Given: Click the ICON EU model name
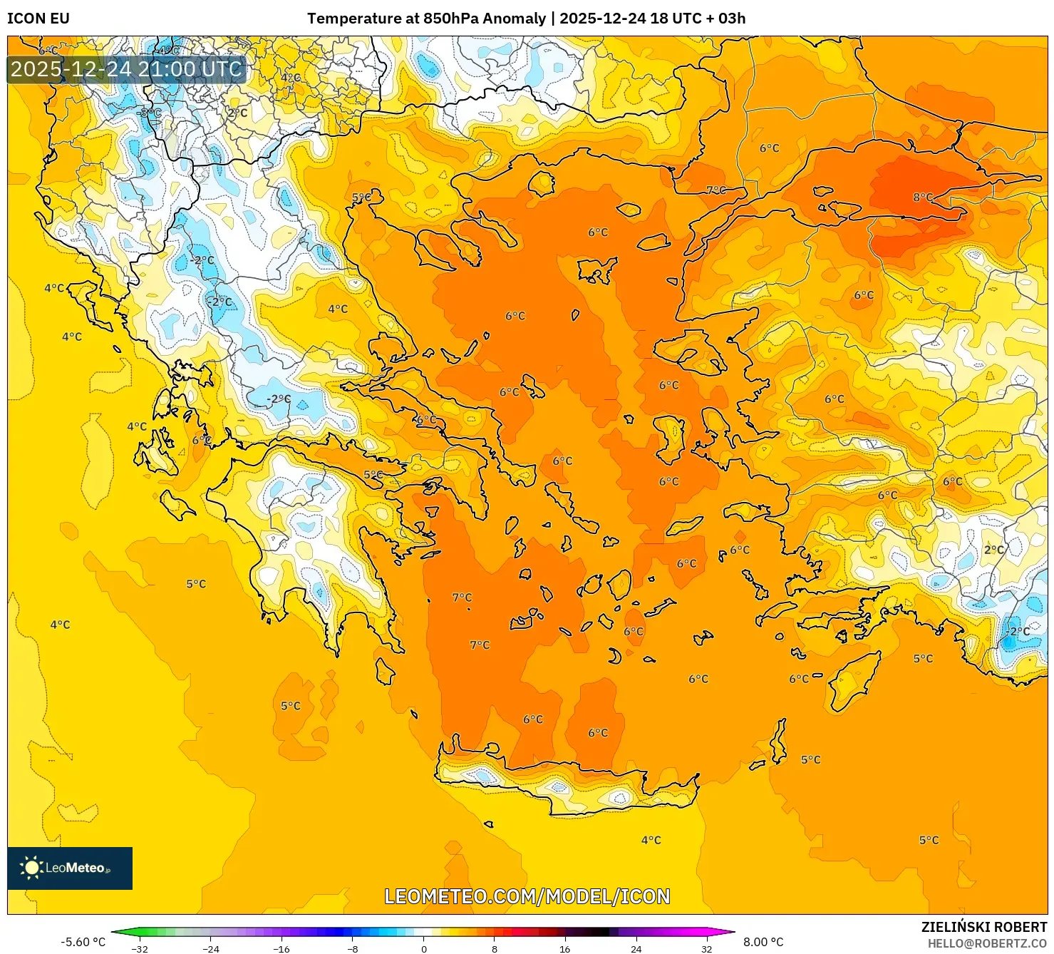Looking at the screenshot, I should coord(38,19).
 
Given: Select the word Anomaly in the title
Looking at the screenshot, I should coord(514,19).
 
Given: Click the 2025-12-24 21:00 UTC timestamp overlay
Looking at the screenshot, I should coord(126,69).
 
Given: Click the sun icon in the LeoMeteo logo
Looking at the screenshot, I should coord(31,868).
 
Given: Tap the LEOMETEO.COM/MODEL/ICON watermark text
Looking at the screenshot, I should coord(527,896).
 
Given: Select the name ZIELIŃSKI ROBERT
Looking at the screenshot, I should coord(983,928).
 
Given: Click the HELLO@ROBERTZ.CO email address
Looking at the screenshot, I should coord(987,943).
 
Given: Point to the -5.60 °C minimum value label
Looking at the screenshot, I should coord(83,942).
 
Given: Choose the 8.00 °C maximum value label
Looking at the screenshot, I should coord(763,942).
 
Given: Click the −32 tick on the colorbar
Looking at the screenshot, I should coord(140,949).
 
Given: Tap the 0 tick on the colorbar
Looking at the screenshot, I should coord(424,949).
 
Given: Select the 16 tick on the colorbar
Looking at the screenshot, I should coord(565,949).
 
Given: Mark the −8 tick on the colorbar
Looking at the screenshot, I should coord(353,949).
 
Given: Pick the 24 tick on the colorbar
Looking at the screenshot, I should coord(636,949).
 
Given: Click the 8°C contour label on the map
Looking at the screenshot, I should coord(923,197).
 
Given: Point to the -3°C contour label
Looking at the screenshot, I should coord(150,113).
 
